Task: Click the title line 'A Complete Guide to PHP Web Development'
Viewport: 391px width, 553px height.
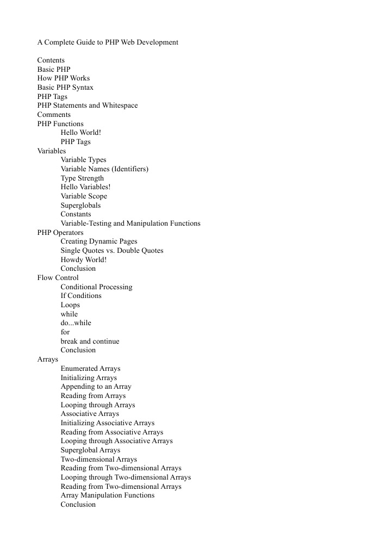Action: (108, 42)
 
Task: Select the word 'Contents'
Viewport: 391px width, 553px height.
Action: (51, 60)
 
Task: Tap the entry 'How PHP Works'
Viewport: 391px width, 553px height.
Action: (63, 78)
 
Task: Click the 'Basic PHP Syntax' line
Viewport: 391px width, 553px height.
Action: (65, 88)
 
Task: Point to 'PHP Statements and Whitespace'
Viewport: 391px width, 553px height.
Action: (87, 105)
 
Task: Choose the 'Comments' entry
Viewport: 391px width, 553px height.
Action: (54, 115)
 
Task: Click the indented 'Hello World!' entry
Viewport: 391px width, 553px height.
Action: (80, 133)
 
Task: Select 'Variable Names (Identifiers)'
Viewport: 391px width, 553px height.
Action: (104, 169)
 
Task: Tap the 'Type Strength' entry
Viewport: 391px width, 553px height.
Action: (82, 178)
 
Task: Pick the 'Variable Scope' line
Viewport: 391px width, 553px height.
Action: (84, 196)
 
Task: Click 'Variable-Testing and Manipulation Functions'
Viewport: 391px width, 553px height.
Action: (131, 223)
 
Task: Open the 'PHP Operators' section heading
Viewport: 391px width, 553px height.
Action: (60, 233)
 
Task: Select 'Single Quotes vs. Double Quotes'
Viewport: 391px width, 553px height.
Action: (112, 251)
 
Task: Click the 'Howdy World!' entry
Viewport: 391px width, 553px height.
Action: (83, 260)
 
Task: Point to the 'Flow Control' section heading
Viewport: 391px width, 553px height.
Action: (58, 278)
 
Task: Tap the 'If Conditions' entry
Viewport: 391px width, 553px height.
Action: (81, 296)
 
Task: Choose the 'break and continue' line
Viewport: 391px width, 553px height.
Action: (90, 341)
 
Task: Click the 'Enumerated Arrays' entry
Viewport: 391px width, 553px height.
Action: (90, 369)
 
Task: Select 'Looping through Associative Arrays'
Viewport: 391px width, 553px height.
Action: (116, 441)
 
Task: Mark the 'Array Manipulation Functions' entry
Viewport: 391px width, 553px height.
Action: (107, 495)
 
